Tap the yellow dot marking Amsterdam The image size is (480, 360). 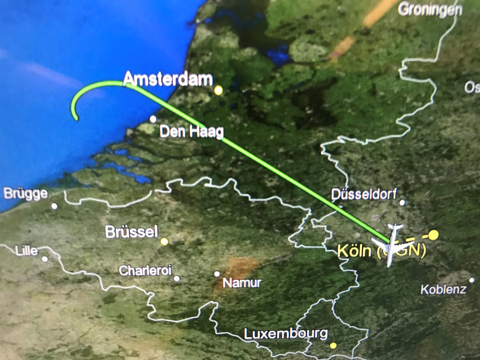coord(218,90)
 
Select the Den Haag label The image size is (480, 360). coord(192,133)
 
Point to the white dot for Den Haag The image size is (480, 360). coord(153,119)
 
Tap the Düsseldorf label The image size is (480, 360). coord(364,194)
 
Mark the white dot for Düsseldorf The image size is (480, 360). coord(402,202)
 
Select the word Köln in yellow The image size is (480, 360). coord(354,251)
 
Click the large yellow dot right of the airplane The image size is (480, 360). coord(433,234)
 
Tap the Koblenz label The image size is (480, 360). coord(443,290)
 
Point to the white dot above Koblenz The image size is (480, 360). coord(472,280)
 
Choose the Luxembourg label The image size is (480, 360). coord(286,334)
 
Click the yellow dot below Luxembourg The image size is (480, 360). coord(333,345)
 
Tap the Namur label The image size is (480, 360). coord(242,283)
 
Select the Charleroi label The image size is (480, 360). coord(145,271)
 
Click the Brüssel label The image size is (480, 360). coord(132,232)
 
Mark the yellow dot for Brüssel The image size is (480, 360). coord(164,241)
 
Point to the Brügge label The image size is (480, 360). coord(25,194)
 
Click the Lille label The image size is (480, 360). coord(27,250)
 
